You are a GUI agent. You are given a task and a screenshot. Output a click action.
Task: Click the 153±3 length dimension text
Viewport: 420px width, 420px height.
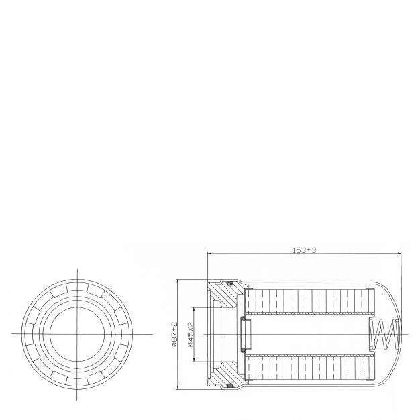(x=304, y=250)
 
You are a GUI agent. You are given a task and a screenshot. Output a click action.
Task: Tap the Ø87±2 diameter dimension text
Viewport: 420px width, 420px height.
(x=174, y=334)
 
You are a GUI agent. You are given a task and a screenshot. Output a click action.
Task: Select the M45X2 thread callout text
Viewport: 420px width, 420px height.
(x=191, y=334)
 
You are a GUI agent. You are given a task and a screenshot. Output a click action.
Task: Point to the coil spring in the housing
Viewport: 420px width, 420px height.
(x=384, y=334)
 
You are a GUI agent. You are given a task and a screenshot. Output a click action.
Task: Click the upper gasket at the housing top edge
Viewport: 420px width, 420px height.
(x=229, y=283)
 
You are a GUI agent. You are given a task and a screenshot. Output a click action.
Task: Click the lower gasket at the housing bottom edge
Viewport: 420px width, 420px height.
(x=229, y=385)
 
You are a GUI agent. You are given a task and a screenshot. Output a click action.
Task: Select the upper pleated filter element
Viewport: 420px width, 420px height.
(x=309, y=301)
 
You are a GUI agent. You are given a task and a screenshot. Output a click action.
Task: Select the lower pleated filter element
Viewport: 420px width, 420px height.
(x=309, y=368)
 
